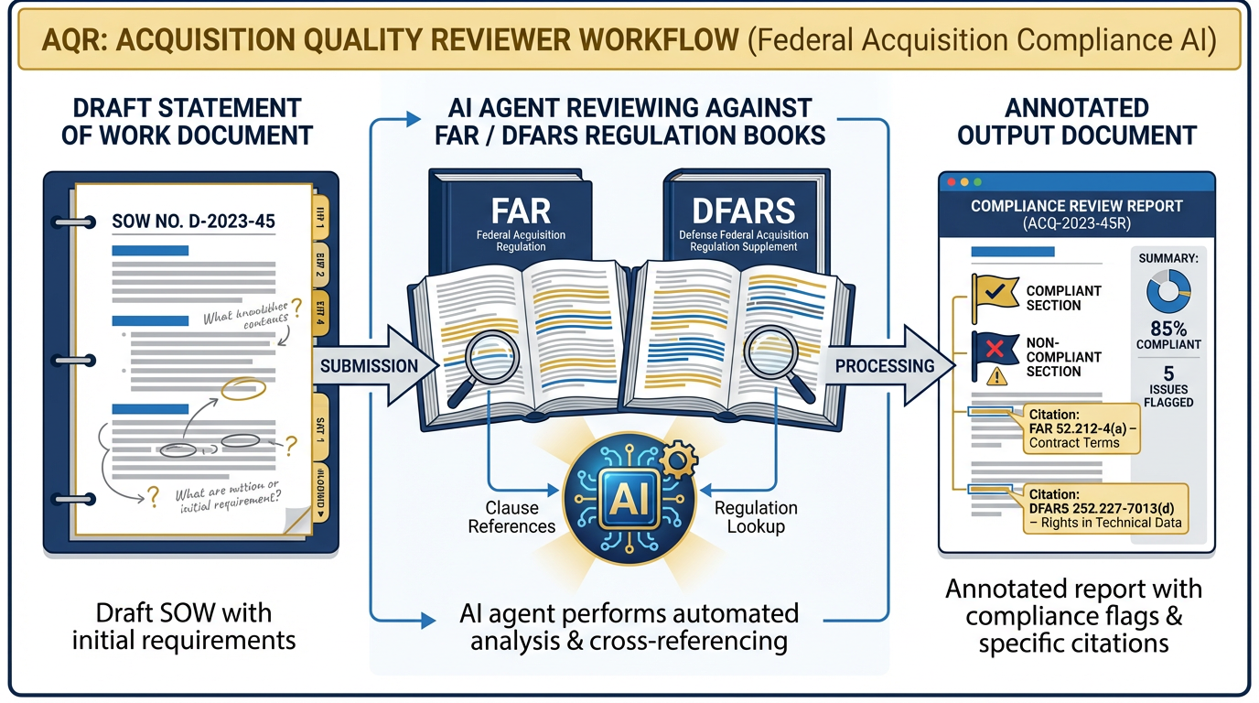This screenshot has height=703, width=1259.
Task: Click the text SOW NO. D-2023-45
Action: (x=193, y=221)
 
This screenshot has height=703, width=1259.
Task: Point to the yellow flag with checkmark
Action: (x=990, y=292)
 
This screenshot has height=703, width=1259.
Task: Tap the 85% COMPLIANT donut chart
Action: (x=1168, y=291)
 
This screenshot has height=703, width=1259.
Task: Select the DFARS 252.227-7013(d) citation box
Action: (x=1105, y=508)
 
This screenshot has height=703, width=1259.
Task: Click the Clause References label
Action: (x=511, y=517)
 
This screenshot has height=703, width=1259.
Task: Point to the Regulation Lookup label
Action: (x=756, y=517)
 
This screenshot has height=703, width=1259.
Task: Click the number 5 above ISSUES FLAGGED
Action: (x=1168, y=373)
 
